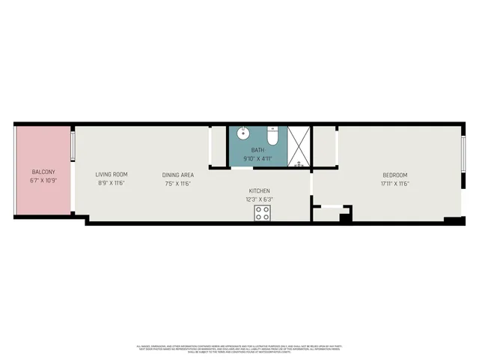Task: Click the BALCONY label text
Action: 43,172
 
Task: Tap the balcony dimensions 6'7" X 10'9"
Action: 43,181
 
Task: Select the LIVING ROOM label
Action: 112,175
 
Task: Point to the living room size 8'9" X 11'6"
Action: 112,184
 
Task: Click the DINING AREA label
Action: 178,175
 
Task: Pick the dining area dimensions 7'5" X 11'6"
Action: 178,184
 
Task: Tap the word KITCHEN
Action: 259,190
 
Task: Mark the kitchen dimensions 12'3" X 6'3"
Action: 259,199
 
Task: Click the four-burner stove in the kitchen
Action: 262,214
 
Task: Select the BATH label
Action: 257,150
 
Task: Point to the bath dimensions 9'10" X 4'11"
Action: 257,158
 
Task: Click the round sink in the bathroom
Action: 243,136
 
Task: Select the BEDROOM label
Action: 394,175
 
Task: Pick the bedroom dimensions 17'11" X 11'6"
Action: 394,184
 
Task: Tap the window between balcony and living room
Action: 73,147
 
